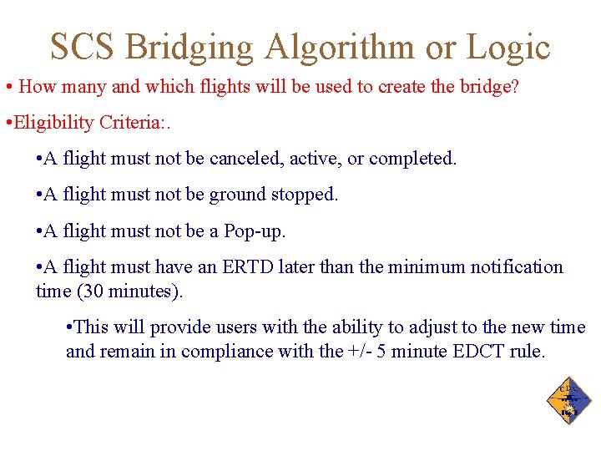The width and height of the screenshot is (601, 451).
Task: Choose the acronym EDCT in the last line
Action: tap(479, 352)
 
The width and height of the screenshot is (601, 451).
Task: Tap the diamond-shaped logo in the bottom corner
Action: tap(569, 402)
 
